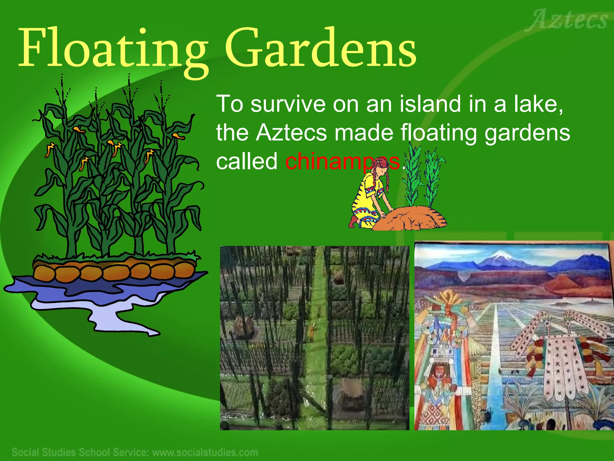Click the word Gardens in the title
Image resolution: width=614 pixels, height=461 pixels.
pos(321,48)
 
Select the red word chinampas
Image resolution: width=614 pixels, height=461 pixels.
pos(342,161)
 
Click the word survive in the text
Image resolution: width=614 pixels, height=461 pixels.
pos(288,104)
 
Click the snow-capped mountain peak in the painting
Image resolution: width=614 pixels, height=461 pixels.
pos(499,255)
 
